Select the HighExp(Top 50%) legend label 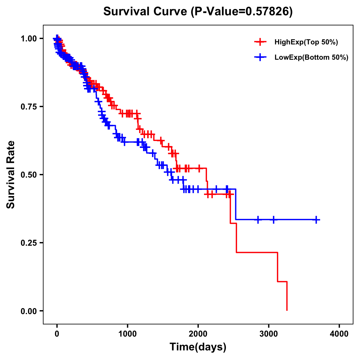click(306, 42)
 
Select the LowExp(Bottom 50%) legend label click(311, 57)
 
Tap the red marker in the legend click(260, 42)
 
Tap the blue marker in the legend click(260, 57)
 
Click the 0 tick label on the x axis click(57, 334)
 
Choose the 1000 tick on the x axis click(127, 334)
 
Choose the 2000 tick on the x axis click(198, 334)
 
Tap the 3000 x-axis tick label click(269, 334)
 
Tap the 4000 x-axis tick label click(339, 334)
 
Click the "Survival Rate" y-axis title click(11, 175)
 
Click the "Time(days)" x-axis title click(198, 347)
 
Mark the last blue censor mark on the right click(316, 220)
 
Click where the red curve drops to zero click(287, 310)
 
